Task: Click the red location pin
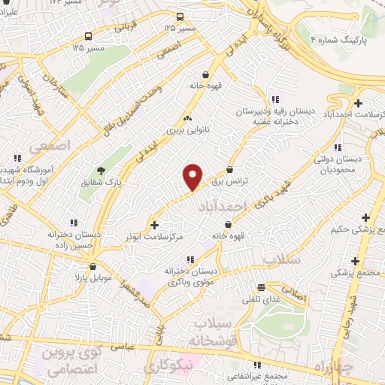tap(193, 176)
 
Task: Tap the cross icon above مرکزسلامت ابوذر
tap(155, 224)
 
